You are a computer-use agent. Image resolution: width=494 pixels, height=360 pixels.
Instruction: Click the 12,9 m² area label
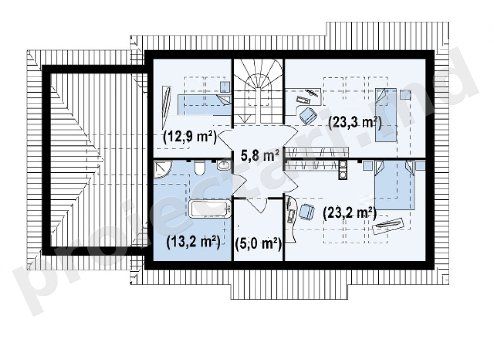(190, 137)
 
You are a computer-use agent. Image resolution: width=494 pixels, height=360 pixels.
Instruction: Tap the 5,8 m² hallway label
(260, 155)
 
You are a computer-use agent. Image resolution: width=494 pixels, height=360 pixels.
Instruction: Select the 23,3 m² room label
(355, 122)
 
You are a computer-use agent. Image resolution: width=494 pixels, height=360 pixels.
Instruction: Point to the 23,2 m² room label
(350, 213)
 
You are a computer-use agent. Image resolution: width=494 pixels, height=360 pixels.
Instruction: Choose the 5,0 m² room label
(259, 243)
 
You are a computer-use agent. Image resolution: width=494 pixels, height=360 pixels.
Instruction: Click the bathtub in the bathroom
(210, 208)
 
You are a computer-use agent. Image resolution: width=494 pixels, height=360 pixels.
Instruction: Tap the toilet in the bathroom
(200, 167)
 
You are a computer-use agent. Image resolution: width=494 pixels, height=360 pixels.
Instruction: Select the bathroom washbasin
(224, 164)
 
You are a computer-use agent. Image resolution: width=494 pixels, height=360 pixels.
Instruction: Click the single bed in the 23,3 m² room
(385, 115)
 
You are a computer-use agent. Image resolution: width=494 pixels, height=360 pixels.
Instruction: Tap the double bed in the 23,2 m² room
(395, 185)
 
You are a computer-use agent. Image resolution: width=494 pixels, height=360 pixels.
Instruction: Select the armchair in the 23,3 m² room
(307, 115)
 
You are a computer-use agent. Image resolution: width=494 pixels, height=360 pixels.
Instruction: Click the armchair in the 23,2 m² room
(306, 212)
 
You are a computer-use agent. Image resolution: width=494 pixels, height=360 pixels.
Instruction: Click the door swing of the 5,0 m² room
(258, 205)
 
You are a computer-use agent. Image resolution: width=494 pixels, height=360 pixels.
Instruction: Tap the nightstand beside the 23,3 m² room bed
(405, 95)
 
